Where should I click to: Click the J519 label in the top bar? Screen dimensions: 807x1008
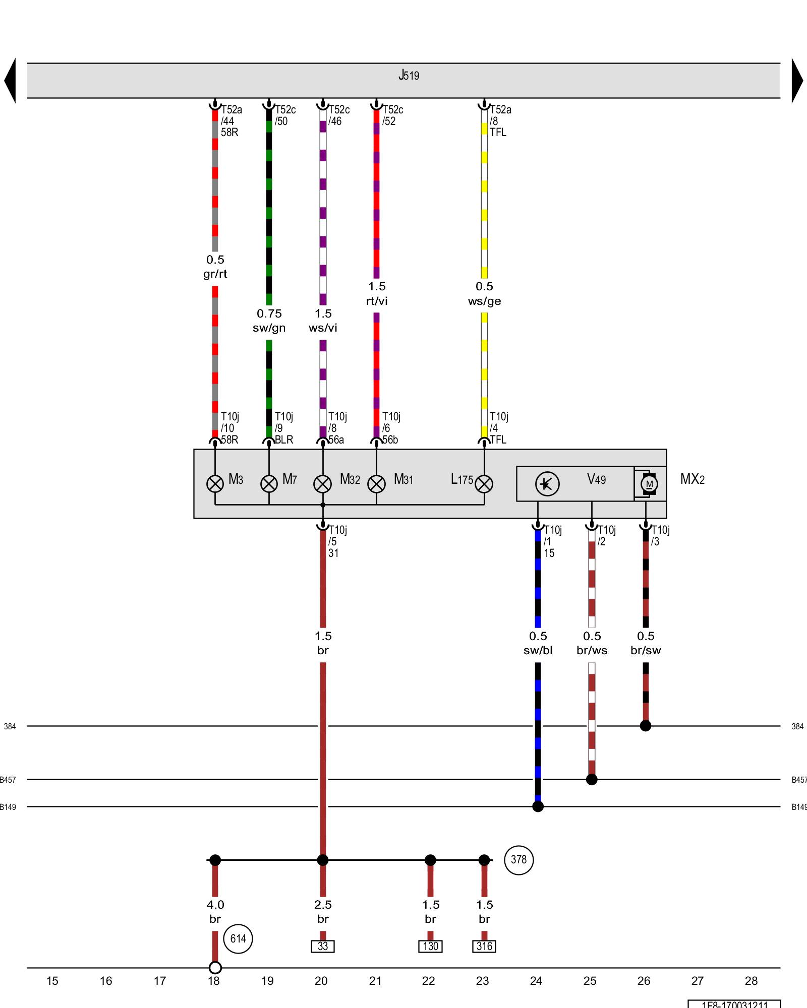(409, 76)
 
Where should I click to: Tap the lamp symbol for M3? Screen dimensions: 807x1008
(215, 484)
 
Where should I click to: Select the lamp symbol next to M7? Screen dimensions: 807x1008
(269, 484)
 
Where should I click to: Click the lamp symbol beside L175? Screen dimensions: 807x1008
(484, 484)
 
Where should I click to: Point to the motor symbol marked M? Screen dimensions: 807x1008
(649, 484)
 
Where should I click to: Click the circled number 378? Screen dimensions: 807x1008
(518, 860)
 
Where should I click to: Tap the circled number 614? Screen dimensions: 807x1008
(238, 938)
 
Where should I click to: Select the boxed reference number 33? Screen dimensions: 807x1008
(323, 946)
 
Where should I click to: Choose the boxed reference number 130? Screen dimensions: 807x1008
(430, 946)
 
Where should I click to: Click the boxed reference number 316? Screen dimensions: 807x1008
(484, 946)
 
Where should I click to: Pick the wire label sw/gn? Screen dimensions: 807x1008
(269, 328)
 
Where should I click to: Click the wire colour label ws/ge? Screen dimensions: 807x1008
(484, 301)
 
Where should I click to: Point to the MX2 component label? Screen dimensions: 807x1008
(692, 479)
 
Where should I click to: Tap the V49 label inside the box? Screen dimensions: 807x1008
(596, 479)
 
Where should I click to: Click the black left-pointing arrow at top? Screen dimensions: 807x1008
(10, 81)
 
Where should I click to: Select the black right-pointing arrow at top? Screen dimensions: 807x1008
(797, 81)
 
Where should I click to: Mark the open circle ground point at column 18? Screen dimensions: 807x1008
(215, 968)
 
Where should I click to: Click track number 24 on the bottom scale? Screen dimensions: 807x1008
(536, 981)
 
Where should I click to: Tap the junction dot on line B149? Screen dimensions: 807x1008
(538, 806)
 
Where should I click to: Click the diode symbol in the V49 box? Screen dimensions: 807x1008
(547, 484)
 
